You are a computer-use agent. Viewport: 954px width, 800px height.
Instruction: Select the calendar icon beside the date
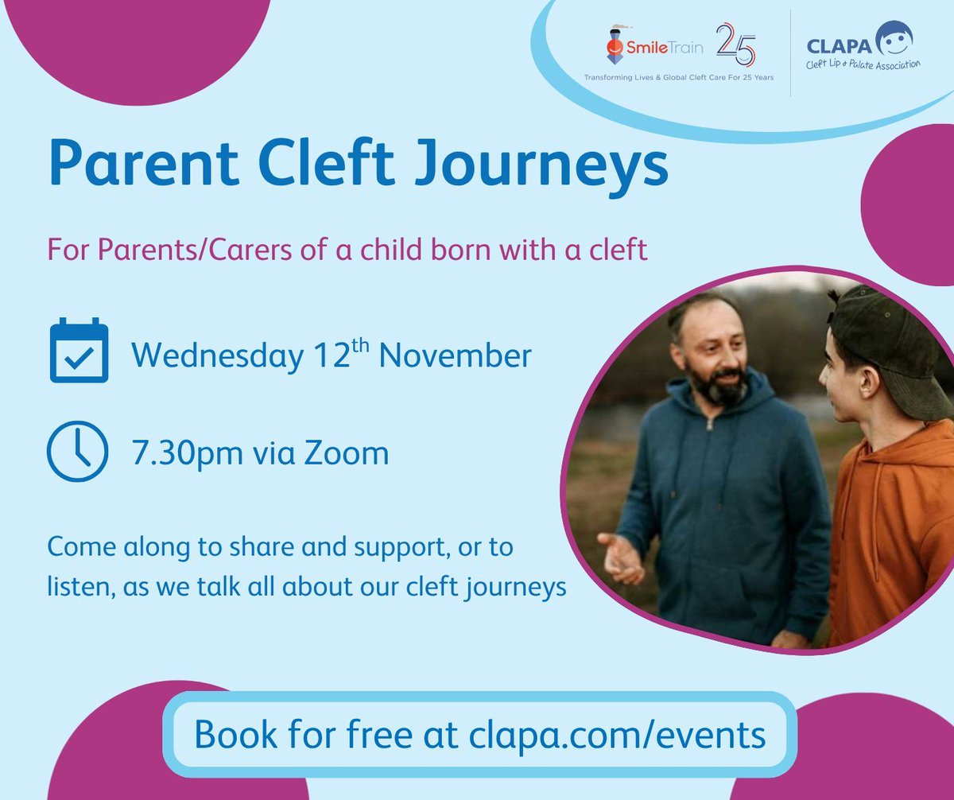tap(79, 351)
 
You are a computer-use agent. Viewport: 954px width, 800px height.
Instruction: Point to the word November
tap(455, 355)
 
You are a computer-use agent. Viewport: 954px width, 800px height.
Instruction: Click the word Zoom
tap(343, 453)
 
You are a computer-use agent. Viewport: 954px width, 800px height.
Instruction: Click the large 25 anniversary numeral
tap(736, 45)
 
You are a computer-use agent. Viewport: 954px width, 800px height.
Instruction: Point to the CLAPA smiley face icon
tap(894, 38)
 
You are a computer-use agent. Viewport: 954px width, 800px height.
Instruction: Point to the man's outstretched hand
tap(621, 557)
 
